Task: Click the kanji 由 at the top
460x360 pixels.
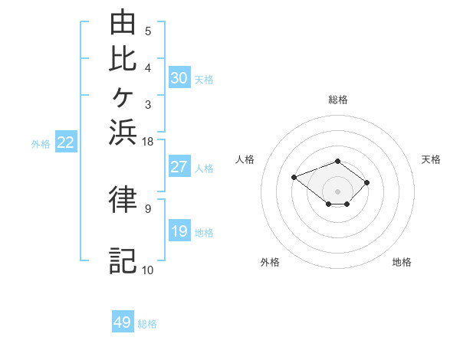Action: pos(123,21)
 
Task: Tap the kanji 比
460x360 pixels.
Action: pos(123,59)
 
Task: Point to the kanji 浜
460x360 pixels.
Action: pos(123,133)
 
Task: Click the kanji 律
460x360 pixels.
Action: pos(123,198)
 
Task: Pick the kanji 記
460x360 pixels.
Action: pos(123,261)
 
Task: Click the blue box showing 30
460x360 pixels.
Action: pos(179,77)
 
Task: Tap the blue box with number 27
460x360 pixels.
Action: pos(179,166)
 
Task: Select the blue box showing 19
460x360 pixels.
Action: pos(179,230)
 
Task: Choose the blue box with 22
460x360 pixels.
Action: pos(66,141)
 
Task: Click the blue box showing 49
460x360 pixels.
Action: pos(123,321)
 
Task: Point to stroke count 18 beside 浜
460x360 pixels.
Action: pos(147,142)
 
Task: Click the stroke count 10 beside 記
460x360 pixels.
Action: pos(147,270)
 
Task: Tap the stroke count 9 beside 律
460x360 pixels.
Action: pos(148,209)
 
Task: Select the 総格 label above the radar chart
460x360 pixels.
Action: pos(338,100)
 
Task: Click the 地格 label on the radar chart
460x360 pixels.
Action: pos(402,262)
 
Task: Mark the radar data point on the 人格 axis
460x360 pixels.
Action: pos(294,178)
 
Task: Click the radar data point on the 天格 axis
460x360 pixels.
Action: pos(366,182)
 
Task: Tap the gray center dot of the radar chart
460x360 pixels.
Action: pos(337,191)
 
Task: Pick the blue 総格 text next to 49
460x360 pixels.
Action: pos(147,324)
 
